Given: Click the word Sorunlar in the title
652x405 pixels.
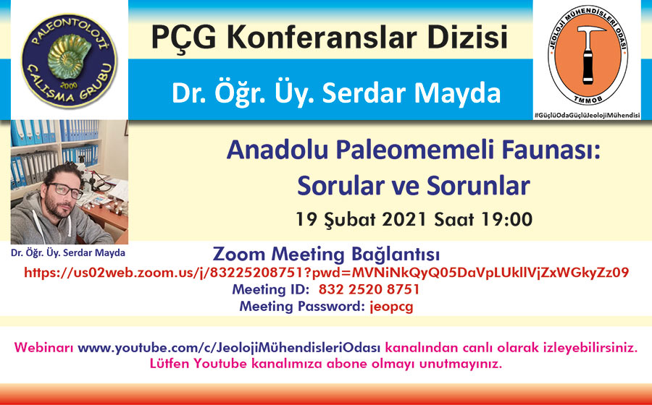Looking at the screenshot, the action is coord(478,185).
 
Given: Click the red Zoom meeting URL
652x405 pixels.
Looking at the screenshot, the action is coord(327,273).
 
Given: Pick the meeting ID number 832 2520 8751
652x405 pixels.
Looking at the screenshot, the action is coord(369,289).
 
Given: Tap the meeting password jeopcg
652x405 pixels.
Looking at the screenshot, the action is coord(392,307).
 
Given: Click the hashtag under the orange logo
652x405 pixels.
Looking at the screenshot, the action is coord(587,116).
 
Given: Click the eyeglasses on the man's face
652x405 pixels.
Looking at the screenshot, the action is coord(65,190).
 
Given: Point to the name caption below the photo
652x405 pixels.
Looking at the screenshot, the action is coord(68,252).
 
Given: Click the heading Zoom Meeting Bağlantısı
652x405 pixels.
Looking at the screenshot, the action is coord(326,254).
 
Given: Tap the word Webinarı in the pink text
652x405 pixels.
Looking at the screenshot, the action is coord(43,348).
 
